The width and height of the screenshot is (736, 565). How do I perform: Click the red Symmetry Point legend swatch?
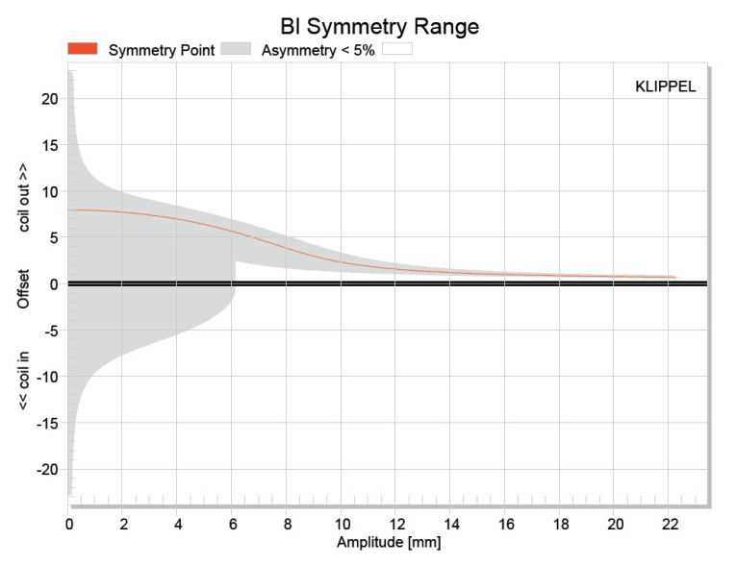click(83, 49)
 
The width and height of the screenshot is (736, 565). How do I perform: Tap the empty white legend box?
click(397, 49)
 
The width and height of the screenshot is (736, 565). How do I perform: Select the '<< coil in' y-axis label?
click(25, 381)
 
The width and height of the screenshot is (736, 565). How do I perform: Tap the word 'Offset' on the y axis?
click(25, 288)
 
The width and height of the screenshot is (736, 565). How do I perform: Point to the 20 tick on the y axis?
click(51, 98)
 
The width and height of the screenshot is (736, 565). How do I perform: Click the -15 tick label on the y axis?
click(47, 423)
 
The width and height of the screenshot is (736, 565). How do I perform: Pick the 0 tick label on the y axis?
click(55, 283)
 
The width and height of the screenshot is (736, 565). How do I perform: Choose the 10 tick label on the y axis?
click(51, 190)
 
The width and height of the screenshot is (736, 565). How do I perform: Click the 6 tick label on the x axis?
click(234, 525)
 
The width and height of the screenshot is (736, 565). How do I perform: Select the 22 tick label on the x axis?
click(670, 525)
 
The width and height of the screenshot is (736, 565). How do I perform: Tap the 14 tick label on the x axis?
click(451, 525)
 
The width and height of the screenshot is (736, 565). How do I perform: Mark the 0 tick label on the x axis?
click(69, 525)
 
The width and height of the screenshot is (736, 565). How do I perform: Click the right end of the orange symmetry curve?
click(675, 278)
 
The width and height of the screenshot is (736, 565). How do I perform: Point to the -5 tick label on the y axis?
click(51, 330)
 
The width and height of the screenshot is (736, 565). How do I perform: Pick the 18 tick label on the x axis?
click(560, 525)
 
